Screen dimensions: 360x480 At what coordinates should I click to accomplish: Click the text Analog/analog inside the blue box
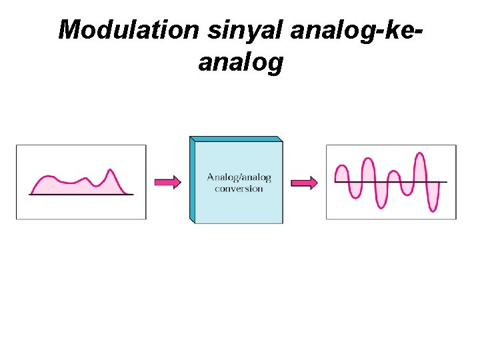coord(239,177)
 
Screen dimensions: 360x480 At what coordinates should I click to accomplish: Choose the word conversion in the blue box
coord(239,188)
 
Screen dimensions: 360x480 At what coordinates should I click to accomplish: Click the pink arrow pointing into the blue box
coord(167,182)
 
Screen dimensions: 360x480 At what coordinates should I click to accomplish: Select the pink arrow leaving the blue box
coord(305,182)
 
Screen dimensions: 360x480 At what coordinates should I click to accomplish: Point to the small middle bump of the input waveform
coord(85,179)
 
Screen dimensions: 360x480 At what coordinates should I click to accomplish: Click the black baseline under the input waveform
coord(81,195)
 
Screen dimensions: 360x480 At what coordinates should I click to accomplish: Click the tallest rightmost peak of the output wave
coord(419,155)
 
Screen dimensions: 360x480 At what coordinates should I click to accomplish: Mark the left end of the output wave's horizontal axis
coord(336,182)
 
